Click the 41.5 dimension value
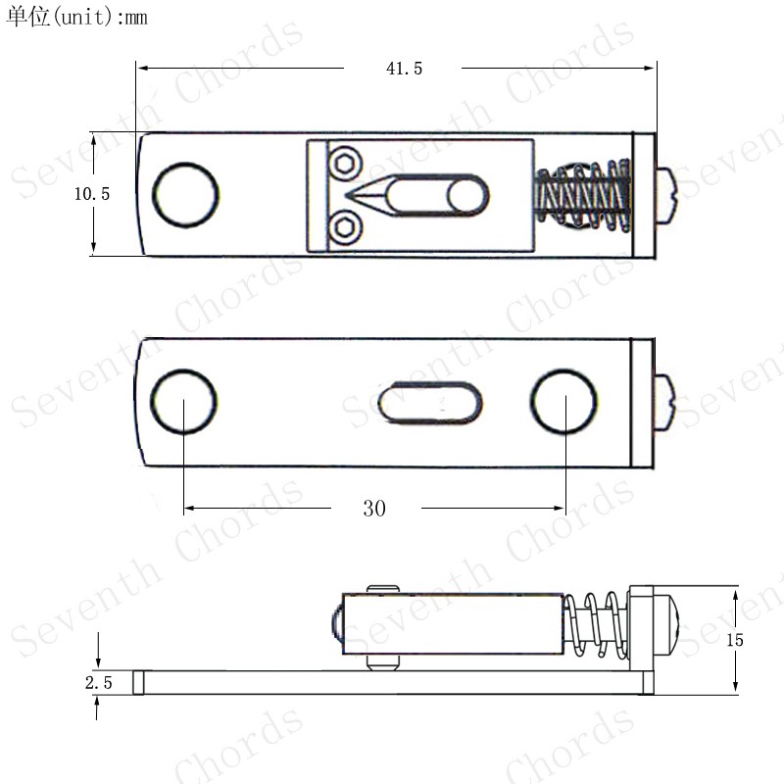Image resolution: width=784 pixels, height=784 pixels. [404, 69]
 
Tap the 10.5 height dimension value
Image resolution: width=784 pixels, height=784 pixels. [91, 194]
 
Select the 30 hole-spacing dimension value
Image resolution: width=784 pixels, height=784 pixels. [374, 509]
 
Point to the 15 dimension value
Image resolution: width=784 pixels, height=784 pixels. [735, 640]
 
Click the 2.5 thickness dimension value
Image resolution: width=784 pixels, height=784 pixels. [99, 682]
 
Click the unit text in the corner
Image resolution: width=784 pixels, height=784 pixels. [76, 17]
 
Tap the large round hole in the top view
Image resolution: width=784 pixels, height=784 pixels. [185, 195]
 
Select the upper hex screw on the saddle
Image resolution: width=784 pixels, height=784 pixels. [345, 163]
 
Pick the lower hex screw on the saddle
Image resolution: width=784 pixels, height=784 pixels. [345, 227]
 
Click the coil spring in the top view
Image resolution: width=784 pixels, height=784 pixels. [582, 195]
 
